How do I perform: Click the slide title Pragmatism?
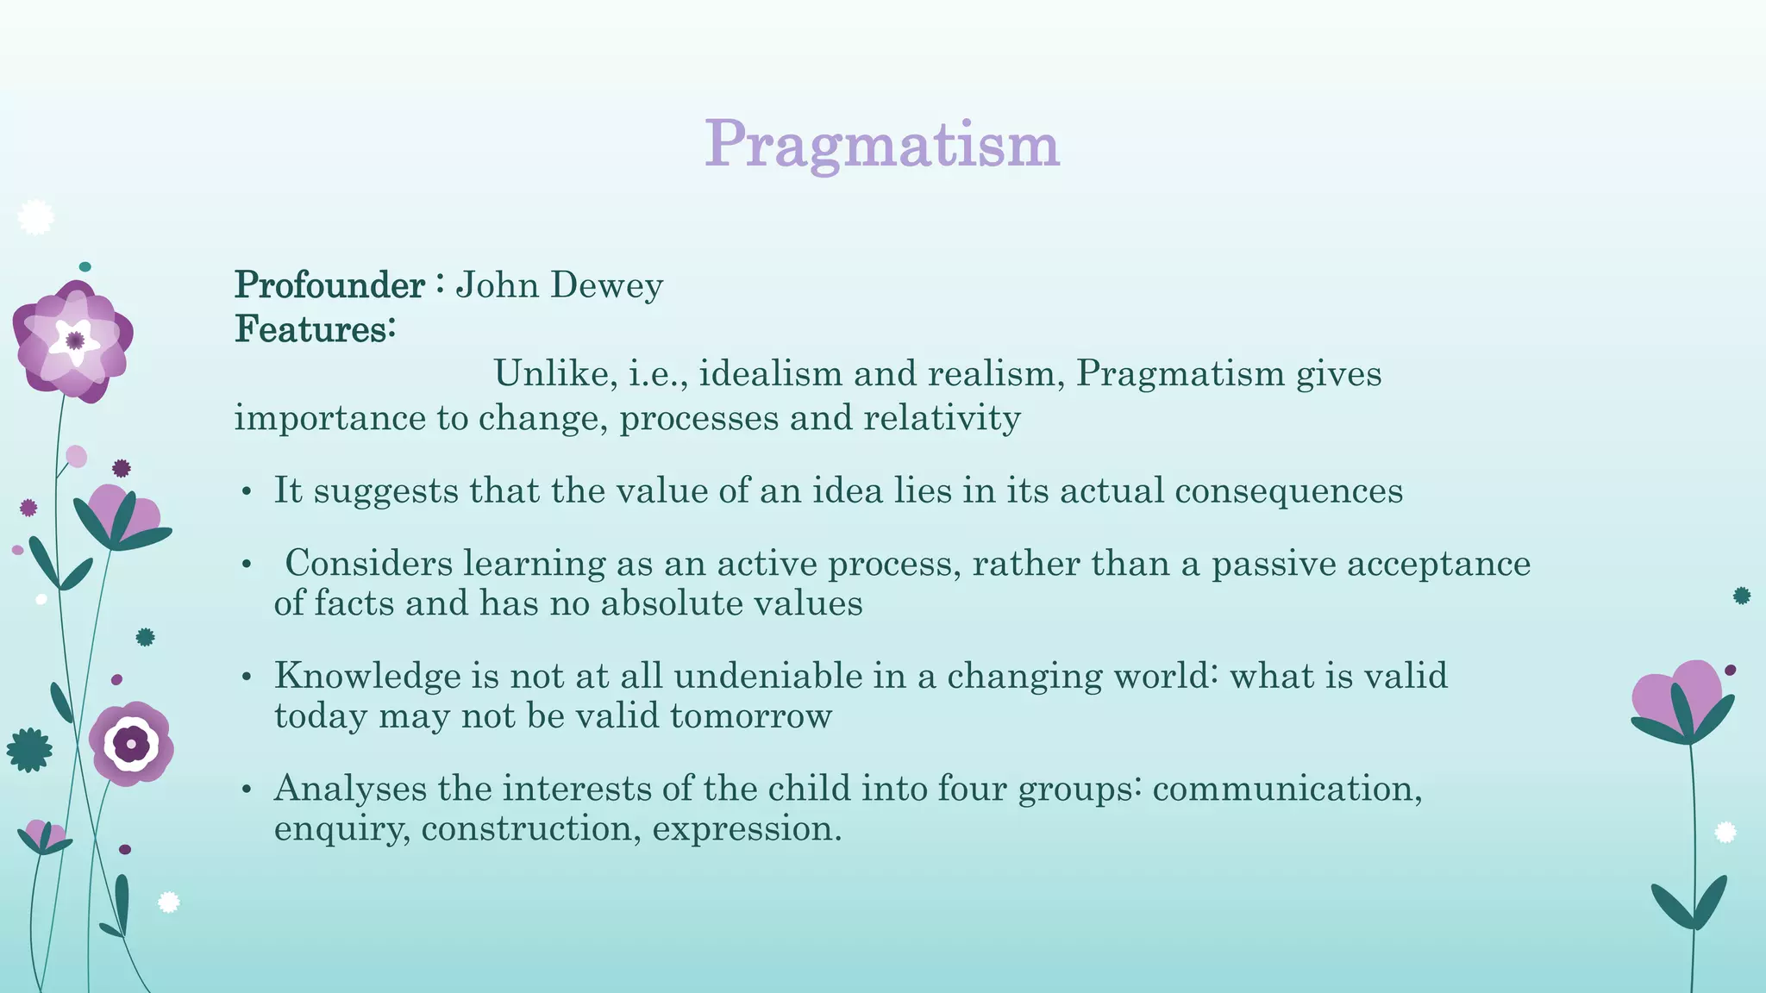point(881,145)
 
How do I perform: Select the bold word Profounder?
point(329,285)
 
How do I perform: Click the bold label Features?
point(315,329)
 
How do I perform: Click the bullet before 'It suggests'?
point(247,492)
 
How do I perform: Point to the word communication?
point(1287,789)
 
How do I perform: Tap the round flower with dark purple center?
point(131,743)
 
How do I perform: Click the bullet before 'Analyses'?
point(247,790)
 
